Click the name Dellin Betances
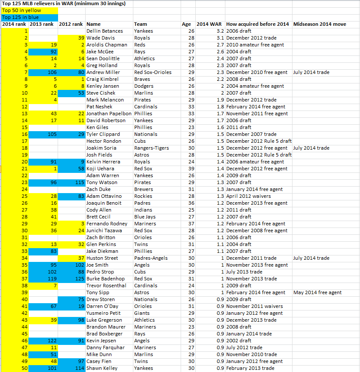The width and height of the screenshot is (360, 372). [x=105, y=31]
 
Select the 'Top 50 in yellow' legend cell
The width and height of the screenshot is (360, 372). [x=17, y=10]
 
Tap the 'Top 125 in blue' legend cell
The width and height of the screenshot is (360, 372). [x=17, y=17]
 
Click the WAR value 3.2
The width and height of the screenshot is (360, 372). [x=220, y=31]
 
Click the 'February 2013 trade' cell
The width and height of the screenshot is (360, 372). [x=252, y=368]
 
